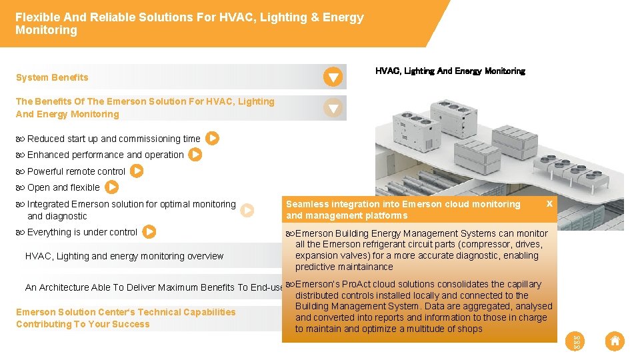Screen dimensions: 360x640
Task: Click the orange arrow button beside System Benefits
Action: pyautogui.click(x=333, y=77)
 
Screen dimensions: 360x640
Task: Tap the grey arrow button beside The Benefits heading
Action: pyautogui.click(x=333, y=107)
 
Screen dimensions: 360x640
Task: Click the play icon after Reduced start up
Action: pyautogui.click(x=212, y=139)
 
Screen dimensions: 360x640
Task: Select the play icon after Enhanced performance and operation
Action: pyautogui.click(x=195, y=155)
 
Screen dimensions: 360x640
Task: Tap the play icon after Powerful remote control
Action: pyautogui.click(x=136, y=171)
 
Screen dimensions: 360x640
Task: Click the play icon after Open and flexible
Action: pyautogui.click(x=112, y=187)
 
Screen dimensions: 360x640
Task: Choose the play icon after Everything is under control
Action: pyautogui.click(x=149, y=232)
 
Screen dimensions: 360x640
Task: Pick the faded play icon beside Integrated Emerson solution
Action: pyautogui.click(x=247, y=210)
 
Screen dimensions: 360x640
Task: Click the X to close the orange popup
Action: pyautogui.click(x=549, y=203)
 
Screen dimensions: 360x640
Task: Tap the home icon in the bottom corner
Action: pyautogui.click(x=615, y=341)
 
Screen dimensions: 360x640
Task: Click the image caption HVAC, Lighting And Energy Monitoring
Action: pyautogui.click(x=450, y=71)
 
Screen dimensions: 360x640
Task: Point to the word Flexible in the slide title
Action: pyautogui.click(x=37, y=17)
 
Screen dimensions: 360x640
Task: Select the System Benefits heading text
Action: pyautogui.click(x=52, y=77)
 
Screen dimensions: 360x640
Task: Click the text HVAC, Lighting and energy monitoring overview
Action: pyautogui.click(x=124, y=256)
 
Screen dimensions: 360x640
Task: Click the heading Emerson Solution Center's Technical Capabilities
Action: pyautogui.click(x=125, y=312)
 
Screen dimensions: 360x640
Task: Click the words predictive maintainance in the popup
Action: pyautogui.click(x=344, y=267)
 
